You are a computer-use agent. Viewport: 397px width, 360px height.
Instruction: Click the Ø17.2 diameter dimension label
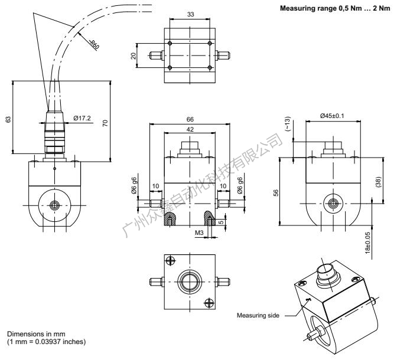pos(83,118)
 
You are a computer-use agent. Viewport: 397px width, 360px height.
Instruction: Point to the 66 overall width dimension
pos(190,119)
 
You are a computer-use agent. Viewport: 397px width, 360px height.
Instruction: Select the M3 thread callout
pos(198,233)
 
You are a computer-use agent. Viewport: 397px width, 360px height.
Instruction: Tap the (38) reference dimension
pos(379,183)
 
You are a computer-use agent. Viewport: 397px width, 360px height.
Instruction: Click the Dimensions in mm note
pos(35,336)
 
